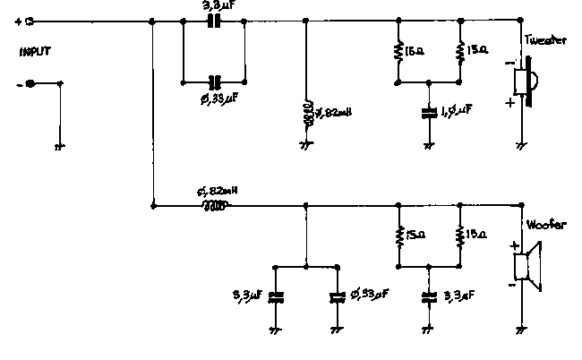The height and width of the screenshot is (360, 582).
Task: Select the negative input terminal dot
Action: click(x=30, y=83)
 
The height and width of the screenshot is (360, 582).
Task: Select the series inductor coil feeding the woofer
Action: click(x=215, y=206)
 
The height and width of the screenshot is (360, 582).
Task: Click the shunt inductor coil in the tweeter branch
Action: click(x=307, y=113)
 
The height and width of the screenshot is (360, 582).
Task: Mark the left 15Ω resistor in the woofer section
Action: click(x=396, y=236)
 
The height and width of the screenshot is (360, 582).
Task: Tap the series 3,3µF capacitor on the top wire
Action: click(x=214, y=20)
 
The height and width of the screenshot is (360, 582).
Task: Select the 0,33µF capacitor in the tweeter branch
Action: click(x=214, y=80)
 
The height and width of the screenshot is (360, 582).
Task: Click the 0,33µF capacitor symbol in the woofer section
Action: click(x=337, y=295)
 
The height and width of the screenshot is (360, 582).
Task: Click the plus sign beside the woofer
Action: click(x=515, y=245)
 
